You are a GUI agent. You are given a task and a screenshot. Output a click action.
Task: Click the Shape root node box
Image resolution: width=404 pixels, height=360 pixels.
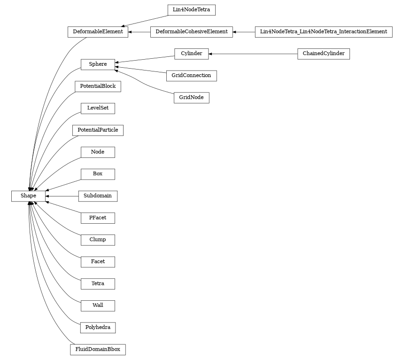click(28, 196)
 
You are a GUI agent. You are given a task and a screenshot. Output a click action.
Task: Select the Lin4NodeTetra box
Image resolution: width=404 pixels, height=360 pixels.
click(191, 9)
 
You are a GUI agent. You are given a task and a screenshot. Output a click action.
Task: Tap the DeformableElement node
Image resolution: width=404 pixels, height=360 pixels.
click(98, 32)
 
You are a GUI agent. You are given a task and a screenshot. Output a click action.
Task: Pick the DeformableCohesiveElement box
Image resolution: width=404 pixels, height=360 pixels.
click(191, 32)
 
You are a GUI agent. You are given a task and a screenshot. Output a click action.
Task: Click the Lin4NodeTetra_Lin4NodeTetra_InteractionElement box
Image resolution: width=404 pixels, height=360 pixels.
click(323, 32)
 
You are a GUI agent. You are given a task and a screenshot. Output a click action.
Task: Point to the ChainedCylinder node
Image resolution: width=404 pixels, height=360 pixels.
click(323, 54)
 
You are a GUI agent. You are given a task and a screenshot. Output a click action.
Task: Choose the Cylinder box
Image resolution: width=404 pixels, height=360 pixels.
click(191, 54)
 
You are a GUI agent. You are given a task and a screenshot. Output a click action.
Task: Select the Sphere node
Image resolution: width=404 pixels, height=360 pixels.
click(98, 64)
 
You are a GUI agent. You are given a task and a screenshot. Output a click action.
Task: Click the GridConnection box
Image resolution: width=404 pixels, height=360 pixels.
click(191, 76)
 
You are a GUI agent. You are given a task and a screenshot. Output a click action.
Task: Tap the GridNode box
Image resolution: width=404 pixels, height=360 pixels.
click(191, 98)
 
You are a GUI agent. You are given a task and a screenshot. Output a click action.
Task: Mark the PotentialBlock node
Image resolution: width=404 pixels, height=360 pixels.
click(98, 86)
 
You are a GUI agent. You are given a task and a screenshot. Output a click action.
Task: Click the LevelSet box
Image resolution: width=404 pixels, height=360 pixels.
click(98, 108)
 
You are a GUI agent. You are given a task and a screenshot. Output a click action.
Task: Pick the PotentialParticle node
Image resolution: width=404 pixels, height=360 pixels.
click(98, 130)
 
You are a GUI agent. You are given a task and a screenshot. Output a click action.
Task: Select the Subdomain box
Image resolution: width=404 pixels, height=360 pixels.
click(98, 196)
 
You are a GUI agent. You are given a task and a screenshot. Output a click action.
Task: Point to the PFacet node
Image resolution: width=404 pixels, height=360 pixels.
click(98, 218)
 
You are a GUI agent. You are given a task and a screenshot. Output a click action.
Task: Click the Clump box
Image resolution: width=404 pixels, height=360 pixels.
click(98, 240)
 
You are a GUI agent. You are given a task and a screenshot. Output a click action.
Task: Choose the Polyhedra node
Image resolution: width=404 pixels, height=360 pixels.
click(98, 328)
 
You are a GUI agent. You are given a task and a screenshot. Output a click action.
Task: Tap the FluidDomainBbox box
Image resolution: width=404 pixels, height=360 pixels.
click(98, 350)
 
